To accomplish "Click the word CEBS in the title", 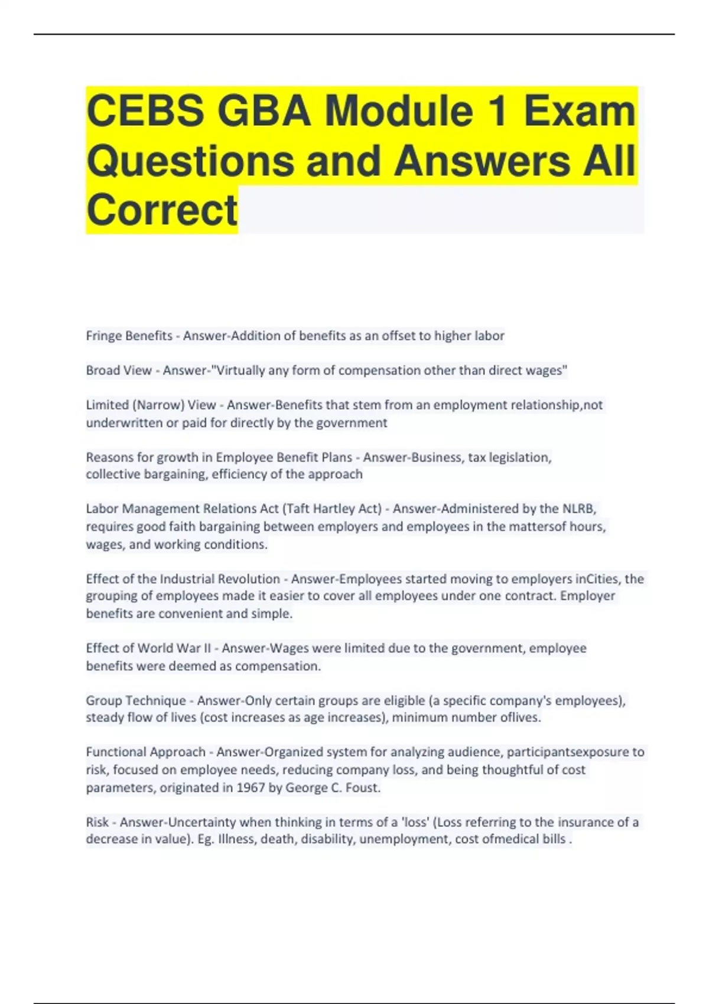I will (145, 111).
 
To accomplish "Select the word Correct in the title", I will (162, 210).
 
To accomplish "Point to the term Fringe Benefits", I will (129, 336).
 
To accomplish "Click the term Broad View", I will (119, 370).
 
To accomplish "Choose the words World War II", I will (174, 648).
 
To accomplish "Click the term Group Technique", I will (136, 700).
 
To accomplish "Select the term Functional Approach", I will (145, 752).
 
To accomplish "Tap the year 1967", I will (251, 787).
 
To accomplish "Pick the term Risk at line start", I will (97, 822).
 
